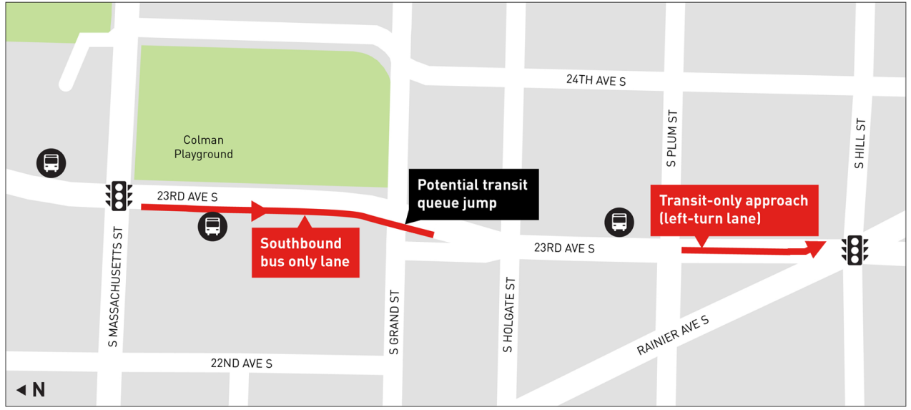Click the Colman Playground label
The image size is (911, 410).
pyautogui.click(x=204, y=147)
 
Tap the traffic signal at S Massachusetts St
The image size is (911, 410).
pyautogui.click(x=119, y=195)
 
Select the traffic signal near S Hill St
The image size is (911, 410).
pyautogui.click(x=854, y=250)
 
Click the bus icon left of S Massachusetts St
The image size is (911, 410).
pyautogui.click(x=51, y=163)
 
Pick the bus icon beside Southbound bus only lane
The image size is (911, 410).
pyautogui.click(x=212, y=227)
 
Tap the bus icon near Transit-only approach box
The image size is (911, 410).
pyautogui.click(x=619, y=222)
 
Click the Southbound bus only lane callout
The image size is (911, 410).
pyautogui.click(x=305, y=253)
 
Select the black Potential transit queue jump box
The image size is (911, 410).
pyautogui.click(x=473, y=194)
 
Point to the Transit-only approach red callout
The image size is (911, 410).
pyautogui.click(x=734, y=210)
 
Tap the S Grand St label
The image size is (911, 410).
pyautogui.click(x=394, y=321)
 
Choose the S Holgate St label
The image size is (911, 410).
pyautogui.click(x=508, y=315)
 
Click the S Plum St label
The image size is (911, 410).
pyautogui.click(x=671, y=138)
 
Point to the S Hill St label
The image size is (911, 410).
pyautogui.click(x=860, y=143)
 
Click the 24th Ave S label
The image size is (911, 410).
pyautogui.click(x=596, y=80)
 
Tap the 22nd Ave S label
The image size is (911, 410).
pyautogui.click(x=242, y=363)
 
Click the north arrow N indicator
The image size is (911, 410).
pyautogui.click(x=31, y=390)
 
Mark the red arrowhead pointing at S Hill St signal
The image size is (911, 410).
pyautogui.click(x=815, y=249)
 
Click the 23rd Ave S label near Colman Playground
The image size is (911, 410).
pyautogui.click(x=187, y=195)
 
